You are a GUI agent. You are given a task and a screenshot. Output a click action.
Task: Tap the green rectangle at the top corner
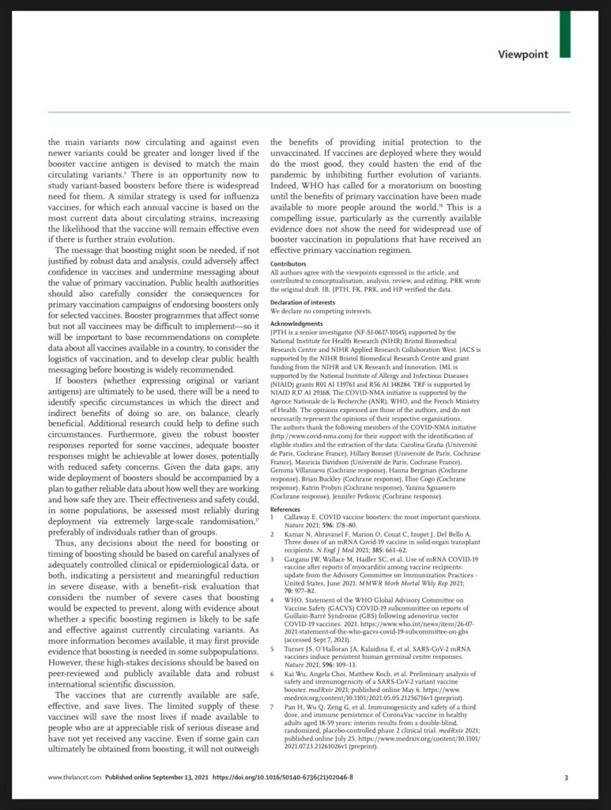(x=564, y=32)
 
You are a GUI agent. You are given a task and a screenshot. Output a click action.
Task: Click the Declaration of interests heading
(x=302, y=302)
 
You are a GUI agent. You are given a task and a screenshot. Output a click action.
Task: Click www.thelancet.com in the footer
(x=74, y=778)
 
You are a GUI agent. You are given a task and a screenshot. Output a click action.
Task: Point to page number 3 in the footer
(x=566, y=778)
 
